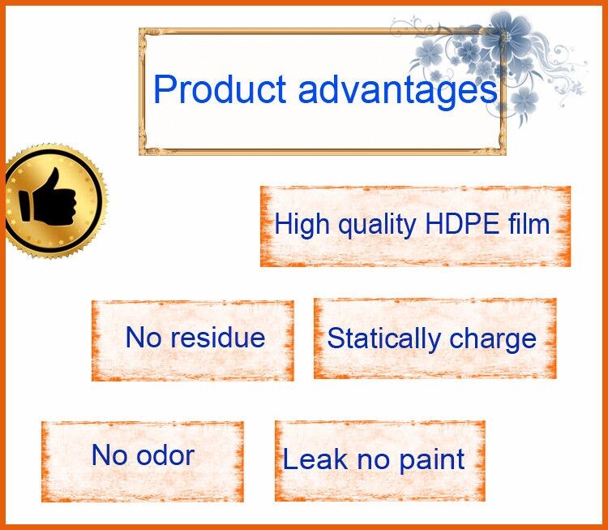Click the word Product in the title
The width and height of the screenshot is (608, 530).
pos(220,88)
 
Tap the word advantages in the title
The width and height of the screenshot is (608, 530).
pos(398,91)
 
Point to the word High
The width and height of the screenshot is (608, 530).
pos(302,225)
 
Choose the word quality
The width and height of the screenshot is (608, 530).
pos(377,226)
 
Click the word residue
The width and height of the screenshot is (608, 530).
pos(218,337)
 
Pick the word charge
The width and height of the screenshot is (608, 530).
pos(493,340)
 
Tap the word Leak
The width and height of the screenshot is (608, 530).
pos(315,459)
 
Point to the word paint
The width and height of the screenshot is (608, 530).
pos(432,460)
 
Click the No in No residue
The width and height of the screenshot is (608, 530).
pos(143,337)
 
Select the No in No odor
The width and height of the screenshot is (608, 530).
pos(109,455)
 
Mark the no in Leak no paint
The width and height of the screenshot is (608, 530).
pos(373,461)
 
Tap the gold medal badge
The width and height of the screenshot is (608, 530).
pos(54,200)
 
